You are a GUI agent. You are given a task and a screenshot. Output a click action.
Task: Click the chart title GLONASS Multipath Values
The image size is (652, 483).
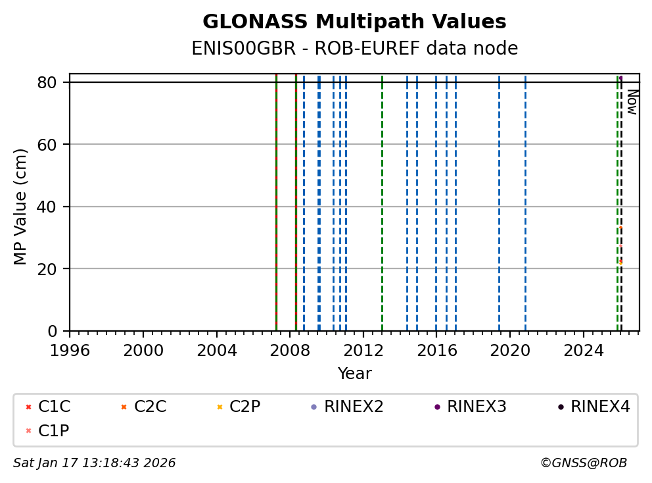[x=354, y=22]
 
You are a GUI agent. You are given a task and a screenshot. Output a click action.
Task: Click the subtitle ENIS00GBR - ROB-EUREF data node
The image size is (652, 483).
[x=354, y=49]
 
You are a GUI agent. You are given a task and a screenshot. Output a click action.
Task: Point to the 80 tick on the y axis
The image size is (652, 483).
[x=53, y=82]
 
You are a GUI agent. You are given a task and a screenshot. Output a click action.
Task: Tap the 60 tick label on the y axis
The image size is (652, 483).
[x=53, y=145]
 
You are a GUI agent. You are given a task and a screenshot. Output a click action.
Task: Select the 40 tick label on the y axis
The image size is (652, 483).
[x=53, y=207]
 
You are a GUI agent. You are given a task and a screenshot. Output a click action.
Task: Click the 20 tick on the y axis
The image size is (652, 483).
[x=53, y=269]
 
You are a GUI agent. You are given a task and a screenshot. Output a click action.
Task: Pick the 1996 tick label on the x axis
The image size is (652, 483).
[x=70, y=349]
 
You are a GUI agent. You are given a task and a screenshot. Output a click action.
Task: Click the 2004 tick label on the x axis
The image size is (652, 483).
[x=217, y=349]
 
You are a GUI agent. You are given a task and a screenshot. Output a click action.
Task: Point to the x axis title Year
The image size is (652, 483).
[x=354, y=374]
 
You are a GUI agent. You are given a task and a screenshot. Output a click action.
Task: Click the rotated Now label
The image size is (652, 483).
[x=632, y=102]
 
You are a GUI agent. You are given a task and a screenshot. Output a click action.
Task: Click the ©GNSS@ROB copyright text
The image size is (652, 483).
[x=583, y=463]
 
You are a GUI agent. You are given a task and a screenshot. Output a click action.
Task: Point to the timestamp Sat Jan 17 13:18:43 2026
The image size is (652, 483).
[x=95, y=463]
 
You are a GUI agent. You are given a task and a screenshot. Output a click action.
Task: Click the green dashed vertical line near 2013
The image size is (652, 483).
[x=382, y=197]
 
